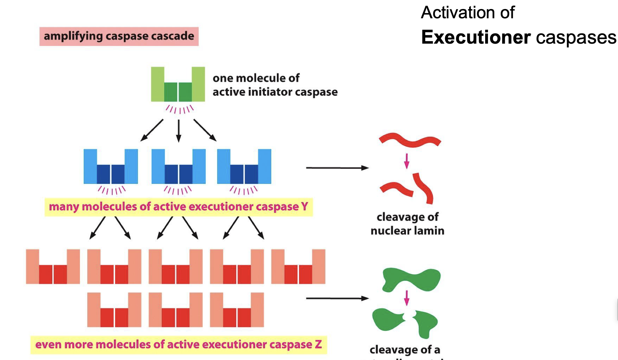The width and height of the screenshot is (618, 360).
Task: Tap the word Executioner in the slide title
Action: coord(476,37)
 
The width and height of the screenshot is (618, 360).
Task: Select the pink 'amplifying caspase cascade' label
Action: coord(119,36)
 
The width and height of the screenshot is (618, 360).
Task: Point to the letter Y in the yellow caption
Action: coord(305,206)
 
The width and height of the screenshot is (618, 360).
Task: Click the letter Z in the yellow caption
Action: coord(318,344)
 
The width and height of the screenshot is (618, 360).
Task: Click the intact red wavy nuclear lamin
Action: coord(410,140)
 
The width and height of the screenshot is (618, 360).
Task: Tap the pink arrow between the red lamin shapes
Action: coord(407,161)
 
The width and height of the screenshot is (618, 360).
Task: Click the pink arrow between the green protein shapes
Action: coord(407,298)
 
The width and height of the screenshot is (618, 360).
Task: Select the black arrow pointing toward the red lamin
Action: coord(337,168)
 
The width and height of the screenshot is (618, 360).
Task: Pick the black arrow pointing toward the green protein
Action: coord(337,298)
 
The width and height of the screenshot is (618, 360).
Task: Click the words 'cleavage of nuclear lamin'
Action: coord(408,224)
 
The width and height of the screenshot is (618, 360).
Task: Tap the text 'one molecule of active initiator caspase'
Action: coord(275,85)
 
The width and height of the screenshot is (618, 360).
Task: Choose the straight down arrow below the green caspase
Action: coord(179,131)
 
